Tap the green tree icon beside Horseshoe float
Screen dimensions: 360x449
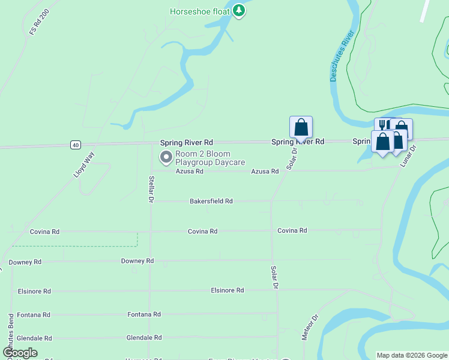coord(239,11)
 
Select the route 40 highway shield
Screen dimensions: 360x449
coord(75,145)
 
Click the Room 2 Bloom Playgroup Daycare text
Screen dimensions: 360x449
coord(209,158)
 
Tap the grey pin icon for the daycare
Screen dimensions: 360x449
coord(166,157)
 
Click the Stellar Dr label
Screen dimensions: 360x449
coord(152,188)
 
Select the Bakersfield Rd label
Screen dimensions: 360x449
coord(211,201)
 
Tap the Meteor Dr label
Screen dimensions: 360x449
coord(309,327)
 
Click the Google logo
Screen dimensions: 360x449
coord(20,353)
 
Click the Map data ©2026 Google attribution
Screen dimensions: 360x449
coord(412,355)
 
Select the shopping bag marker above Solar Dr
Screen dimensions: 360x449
coord(301,127)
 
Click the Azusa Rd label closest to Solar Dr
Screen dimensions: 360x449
coord(265,171)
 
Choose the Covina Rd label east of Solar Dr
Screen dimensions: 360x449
coord(292,230)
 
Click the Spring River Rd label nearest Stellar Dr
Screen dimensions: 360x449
coord(187,142)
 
